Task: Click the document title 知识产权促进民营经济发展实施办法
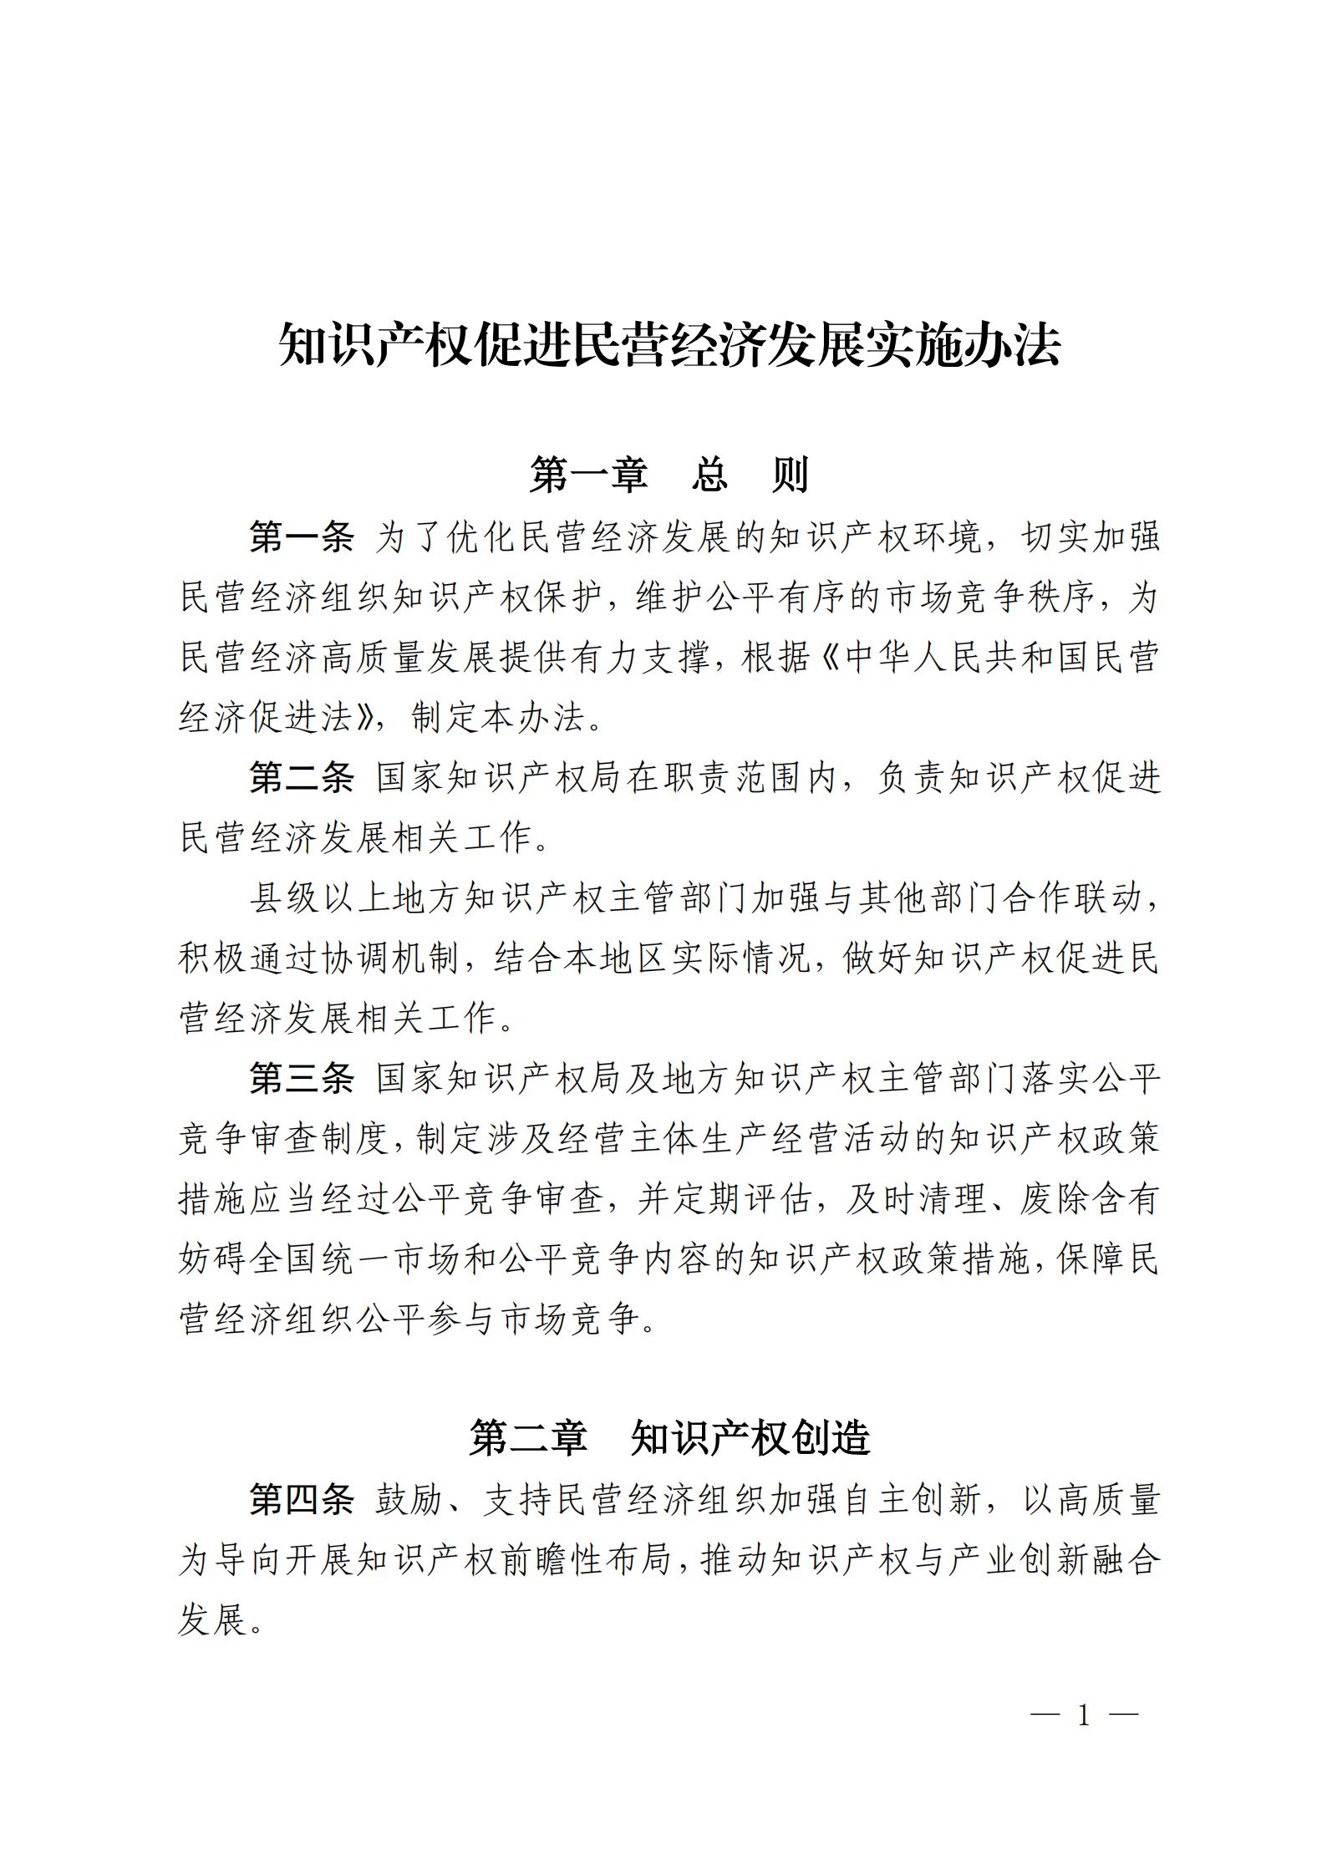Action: coord(669,345)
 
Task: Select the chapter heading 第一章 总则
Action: coord(669,475)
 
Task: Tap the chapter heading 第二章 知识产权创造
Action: coord(669,1437)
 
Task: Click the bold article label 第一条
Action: coord(302,537)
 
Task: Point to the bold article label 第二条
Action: coord(302,778)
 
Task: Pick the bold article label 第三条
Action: coord(302,1079)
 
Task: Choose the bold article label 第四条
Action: coord(302,1500)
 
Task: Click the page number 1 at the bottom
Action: coord(1085,1716)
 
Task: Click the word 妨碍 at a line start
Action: coord(213,1259)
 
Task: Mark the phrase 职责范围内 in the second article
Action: coord(752,778)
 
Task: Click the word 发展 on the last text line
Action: coord(213,1620)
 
